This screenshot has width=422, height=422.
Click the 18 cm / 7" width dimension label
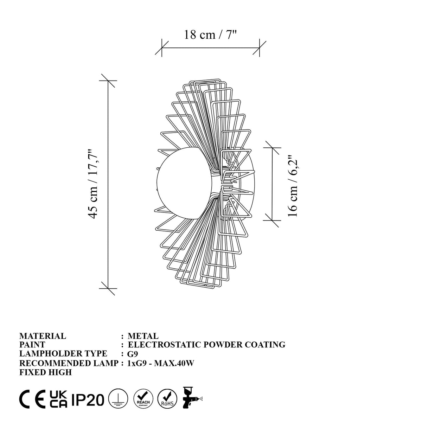point(210,34)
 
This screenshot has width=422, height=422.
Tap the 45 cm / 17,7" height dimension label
point(92,184)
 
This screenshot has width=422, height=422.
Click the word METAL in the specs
point(143,336)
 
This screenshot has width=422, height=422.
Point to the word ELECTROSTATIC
point(165,345)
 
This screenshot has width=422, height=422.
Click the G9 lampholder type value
point(133,354)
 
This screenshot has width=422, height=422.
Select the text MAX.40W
point(174,363)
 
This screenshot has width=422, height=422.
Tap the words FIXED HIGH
point(46,372)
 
